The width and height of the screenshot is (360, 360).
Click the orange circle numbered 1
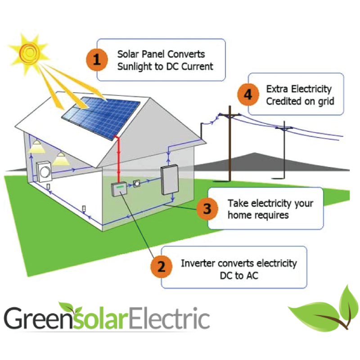tap(97, 60)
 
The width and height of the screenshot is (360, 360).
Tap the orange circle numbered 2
tap(161, 267)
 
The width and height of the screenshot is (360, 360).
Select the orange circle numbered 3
tap(207, 209)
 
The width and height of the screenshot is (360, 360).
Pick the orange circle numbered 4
tap(248, 94)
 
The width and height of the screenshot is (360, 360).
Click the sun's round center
tap(29, 53)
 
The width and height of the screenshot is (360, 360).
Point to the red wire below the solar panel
tap(118, 159)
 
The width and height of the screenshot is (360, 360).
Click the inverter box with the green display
tap(119, 189)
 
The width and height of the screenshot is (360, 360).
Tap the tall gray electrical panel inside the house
tap(170, 180)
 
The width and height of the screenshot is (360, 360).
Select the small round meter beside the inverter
tap(137, 184)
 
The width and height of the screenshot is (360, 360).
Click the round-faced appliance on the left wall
tap(44, 172)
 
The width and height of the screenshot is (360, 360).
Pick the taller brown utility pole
tap(229, 144)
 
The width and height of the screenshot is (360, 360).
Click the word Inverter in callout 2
tap(196, 263)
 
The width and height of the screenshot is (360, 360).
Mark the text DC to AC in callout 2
tap(239, 276)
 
